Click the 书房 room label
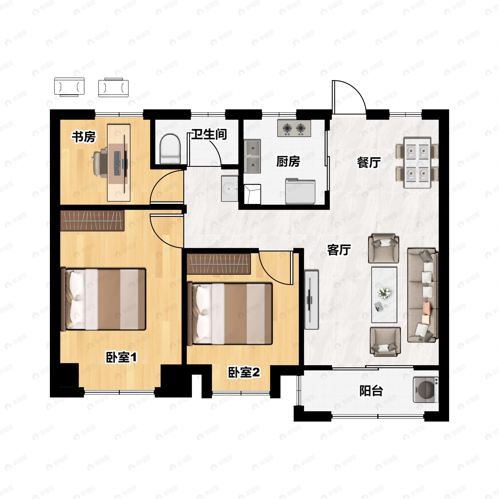click(84, 137)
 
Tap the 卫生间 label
click(209, 134)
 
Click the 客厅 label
click(339, 250)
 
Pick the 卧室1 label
click(121, 357)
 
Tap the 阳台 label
click(371, 391)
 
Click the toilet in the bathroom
click(170, 149)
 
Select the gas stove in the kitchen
click(294, 128)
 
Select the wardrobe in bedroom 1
click(92, 221)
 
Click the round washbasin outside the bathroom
click(230, 189)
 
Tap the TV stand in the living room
click(311, 300)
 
